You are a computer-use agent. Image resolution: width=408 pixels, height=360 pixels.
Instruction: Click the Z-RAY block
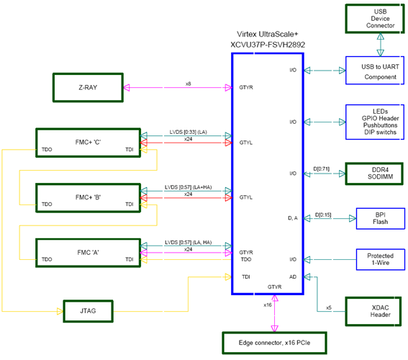click(x=88, y=87)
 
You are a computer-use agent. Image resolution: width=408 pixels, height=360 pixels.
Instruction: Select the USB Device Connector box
click(x=374, y=17)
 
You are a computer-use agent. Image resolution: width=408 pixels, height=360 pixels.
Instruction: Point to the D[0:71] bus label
click(x=322, y=168)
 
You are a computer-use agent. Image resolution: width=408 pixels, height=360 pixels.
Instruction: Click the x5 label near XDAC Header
click(x=328, y=307)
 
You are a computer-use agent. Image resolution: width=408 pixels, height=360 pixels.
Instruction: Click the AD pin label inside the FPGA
click(x=291, y=276)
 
